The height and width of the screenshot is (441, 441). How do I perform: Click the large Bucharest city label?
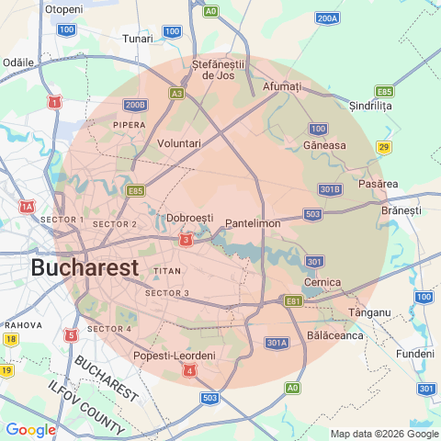coord(85,267)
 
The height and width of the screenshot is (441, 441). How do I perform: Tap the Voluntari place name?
coord(179,144)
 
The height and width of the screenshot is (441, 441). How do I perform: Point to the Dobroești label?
coord(190,218)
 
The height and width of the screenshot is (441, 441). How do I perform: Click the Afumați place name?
coord(282,85)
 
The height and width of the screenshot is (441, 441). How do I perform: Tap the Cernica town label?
coord(322,281)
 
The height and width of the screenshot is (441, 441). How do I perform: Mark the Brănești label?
coord(400,210)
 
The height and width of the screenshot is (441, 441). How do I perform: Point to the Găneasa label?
coord(325,145)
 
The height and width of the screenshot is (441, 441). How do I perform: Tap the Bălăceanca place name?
coord(336,335)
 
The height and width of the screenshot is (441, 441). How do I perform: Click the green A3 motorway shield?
coord(177,93)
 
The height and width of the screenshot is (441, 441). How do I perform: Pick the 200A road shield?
coord(327,17)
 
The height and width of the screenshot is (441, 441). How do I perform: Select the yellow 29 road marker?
coord(384,147)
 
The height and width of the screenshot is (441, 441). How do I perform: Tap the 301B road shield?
coord(330,189)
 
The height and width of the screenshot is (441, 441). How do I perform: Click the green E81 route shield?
coord(293,300)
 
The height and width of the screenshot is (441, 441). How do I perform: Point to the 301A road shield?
coord(277,343)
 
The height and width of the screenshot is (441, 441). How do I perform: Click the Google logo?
coord(30,429)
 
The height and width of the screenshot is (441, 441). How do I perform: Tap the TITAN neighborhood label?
coord(167,271)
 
